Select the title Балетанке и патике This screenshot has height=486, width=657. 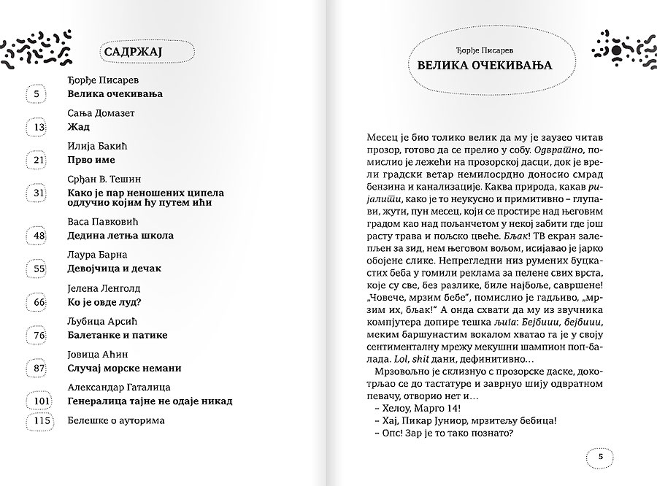[x=117, y=335]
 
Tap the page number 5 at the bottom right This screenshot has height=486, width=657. [x=600, y=457]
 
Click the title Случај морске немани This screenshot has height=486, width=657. [x=124, y=368]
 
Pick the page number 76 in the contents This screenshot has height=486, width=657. [x=39, y=335]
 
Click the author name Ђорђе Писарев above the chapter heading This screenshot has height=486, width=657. [x=484, y=50]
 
